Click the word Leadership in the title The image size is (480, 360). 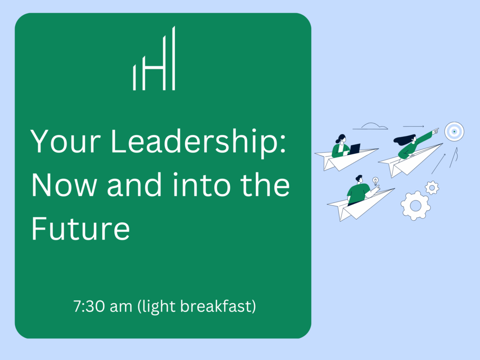198,141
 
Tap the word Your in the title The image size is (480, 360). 66,141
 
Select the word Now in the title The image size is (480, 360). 64,185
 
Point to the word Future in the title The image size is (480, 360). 81,228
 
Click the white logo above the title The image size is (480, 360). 154,58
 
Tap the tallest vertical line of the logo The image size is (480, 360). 173,58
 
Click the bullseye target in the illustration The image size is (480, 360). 454,132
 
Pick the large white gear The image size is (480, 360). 415,205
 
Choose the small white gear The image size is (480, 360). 432,187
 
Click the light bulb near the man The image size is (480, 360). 375,181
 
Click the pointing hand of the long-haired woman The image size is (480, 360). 435,131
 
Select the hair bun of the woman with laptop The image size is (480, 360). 337,141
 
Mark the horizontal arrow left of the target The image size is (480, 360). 413,126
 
